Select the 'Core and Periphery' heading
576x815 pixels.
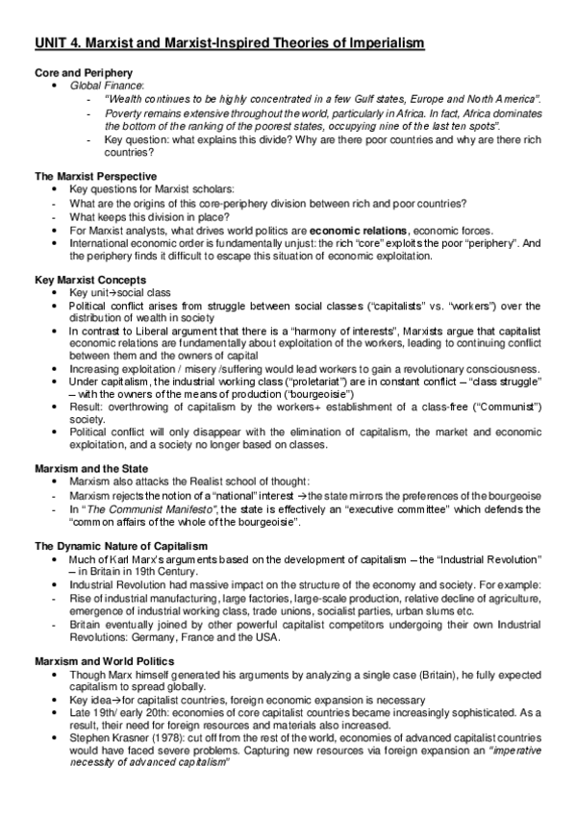pos(84,73)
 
